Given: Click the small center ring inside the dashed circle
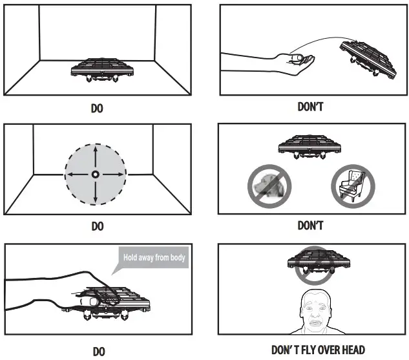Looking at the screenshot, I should (96, 175).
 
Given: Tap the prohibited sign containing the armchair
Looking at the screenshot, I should (350, 185).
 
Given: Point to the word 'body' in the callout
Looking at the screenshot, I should (176, 258).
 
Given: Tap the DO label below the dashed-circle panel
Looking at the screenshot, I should (97, 227).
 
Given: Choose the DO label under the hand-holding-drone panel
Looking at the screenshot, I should (99, 351).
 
